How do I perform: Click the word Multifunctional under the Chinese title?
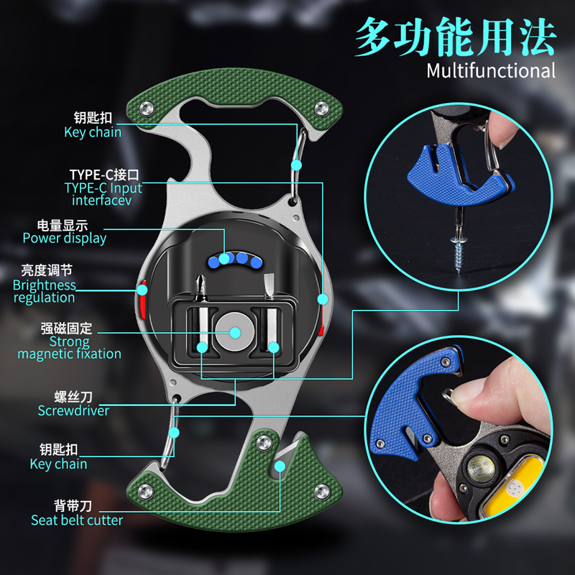pyautogui.click(x=491, y=70)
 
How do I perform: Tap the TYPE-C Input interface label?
pyautogui.click(x=103, y=194)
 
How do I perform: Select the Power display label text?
pyautogui.click(x=65, y=238)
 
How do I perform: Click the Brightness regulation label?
pyautogui.click(x=45, y=291)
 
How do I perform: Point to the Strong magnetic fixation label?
pyautogui.click(x=69, y=348)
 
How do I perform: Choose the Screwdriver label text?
pyautogui.click(x=73, y=410)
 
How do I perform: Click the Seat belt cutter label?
pyautogui.click(x=77, y=520)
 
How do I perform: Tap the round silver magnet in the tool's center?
pyautogui.click(x=235, y=332)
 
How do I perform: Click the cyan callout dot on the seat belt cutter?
pyautogui.click(x=280, y=466)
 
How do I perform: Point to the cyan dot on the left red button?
pyautogui.click(x=142, y=290)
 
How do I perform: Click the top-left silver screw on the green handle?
pyautogui.click(x=147, y=109)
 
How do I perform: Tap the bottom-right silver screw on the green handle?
pyautogui.click(x=322, y=492)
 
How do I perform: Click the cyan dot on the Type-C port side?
pyautogui.click(x=323, y=299)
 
